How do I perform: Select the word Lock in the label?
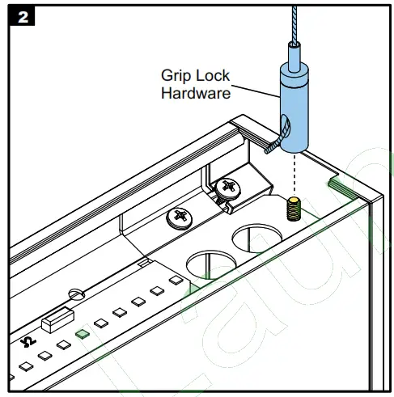pyautogui.click(x=212, y=77)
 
